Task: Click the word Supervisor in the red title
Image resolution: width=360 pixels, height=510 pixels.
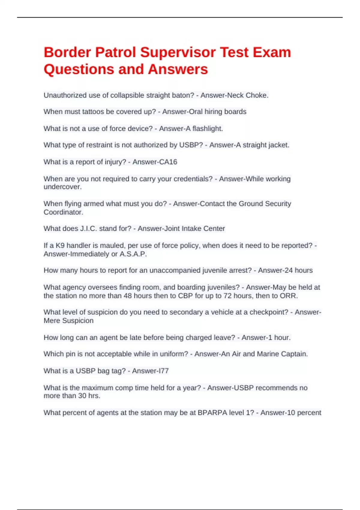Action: [178, 52]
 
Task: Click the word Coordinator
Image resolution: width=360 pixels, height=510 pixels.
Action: [63, 212]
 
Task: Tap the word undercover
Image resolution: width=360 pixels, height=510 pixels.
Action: [62, 187]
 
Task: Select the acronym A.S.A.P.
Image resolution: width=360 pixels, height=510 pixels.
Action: [133, 254]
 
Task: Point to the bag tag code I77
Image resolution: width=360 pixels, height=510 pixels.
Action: [163, 371]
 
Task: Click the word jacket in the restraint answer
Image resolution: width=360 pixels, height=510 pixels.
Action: [278, 145]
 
